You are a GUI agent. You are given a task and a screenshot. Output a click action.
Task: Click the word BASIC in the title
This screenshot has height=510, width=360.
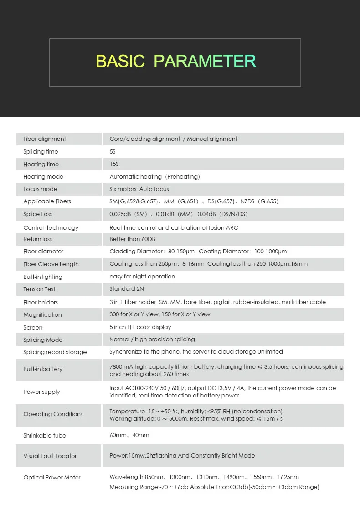(x=120, y=61)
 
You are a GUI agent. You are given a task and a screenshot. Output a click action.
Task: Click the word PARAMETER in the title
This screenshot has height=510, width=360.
(x=205, y=61)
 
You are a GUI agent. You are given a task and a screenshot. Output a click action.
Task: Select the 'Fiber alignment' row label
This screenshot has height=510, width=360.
(x=45, y=139)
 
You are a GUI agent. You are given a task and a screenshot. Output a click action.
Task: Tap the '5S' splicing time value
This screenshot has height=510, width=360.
(x=113, y=152)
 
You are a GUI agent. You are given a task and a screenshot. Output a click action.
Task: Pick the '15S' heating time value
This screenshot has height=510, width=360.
(x=114, y=164)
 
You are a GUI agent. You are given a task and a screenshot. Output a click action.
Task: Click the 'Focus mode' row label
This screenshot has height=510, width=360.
(x=41, y=189)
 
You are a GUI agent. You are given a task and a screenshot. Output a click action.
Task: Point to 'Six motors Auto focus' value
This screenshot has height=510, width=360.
(x=139, y=189)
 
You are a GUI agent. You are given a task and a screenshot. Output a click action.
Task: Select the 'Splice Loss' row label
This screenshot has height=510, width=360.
(x=38, y=214)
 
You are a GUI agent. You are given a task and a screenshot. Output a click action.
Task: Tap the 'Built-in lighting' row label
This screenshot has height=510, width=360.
(x=43, y=277)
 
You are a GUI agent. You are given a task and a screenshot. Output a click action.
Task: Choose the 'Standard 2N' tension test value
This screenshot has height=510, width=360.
(x=127, y=289)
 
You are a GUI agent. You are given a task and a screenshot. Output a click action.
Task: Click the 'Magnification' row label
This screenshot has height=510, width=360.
(x=42, y=315)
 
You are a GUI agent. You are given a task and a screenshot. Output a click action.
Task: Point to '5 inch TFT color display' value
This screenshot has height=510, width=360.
(x=140, y=327)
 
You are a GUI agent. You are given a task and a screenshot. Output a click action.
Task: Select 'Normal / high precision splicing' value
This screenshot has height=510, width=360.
(x=152, y=340)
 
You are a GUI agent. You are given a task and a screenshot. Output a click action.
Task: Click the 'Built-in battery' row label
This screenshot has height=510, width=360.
(x=43, y=369)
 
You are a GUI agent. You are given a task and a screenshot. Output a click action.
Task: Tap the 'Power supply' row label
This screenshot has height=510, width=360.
(x=41, y=392)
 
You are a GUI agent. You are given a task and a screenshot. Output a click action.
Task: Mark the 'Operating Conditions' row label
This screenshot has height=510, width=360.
(x=53, y=414)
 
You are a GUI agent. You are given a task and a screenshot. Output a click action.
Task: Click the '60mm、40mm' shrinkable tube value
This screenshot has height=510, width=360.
(x=129, y=436)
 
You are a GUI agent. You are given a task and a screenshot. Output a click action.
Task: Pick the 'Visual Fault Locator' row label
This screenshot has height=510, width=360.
(x=50, y=456)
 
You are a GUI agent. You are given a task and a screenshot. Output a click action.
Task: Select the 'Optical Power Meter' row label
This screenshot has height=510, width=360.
(x=52, y=478)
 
